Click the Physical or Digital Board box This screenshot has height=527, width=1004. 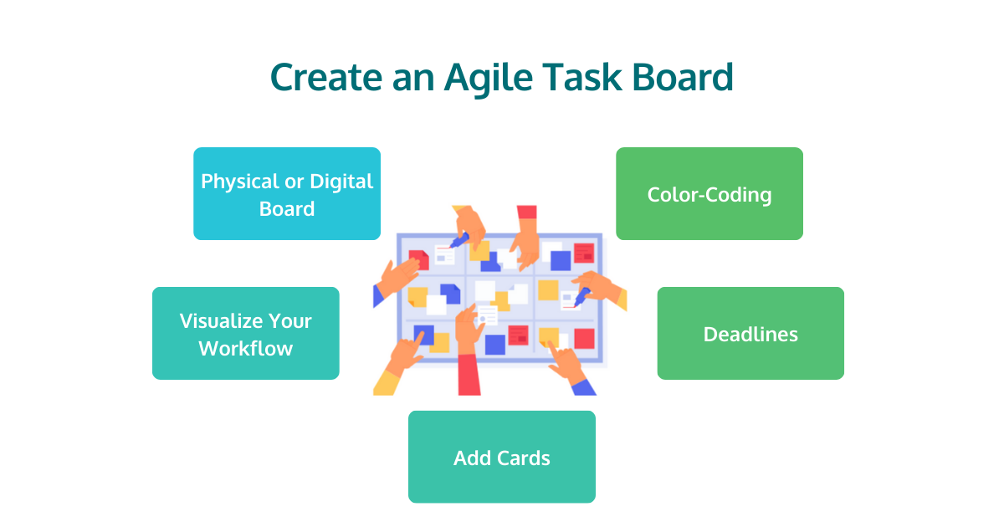pos(287,194)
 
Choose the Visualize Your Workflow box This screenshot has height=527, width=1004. pos(245,333)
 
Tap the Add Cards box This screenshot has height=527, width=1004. pos(502,457)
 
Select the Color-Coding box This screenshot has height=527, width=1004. pos(709,194)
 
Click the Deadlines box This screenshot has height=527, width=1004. pos(750,333)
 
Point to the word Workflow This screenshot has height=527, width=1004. pos(245,348)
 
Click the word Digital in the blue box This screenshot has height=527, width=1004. pos(341,181)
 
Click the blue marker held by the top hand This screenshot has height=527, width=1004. pos(458,240)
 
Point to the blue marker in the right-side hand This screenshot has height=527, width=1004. pos(581,294)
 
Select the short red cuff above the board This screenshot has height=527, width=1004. pos(526,212)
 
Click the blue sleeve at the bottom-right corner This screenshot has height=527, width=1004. pos(584,385)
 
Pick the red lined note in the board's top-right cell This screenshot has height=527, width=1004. pos(583,253)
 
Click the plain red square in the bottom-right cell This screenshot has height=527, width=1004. pos(584,339)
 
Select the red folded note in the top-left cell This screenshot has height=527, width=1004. pos(417,259)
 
